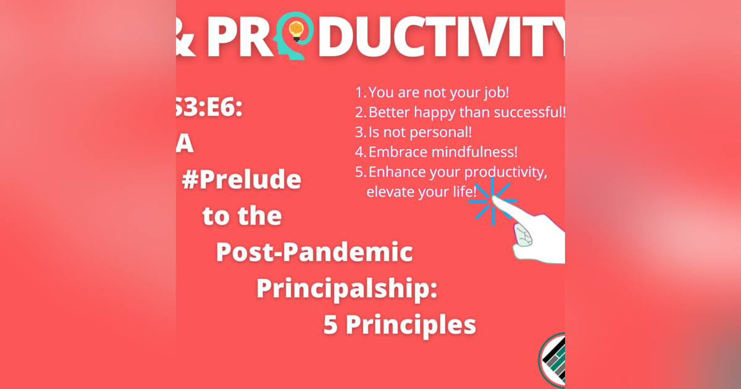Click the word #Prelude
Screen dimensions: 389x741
pyautogui.click(x=241, y=180)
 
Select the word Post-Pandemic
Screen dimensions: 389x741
pyautogui.click(x=314, y=252)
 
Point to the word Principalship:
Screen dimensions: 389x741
pyautogui.click(x=347, y=288)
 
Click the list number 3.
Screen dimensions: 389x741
pyautogui.click(x=359, y=132)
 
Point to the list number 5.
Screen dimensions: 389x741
pyautogui.click(x=359, y=172)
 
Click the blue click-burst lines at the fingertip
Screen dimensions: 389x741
pyautogui.click(x=492, y=199)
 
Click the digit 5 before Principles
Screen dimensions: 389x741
pyautogui.click(x=331, y=325)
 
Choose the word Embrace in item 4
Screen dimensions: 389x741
pyautogui.click(x=395, y=152)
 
